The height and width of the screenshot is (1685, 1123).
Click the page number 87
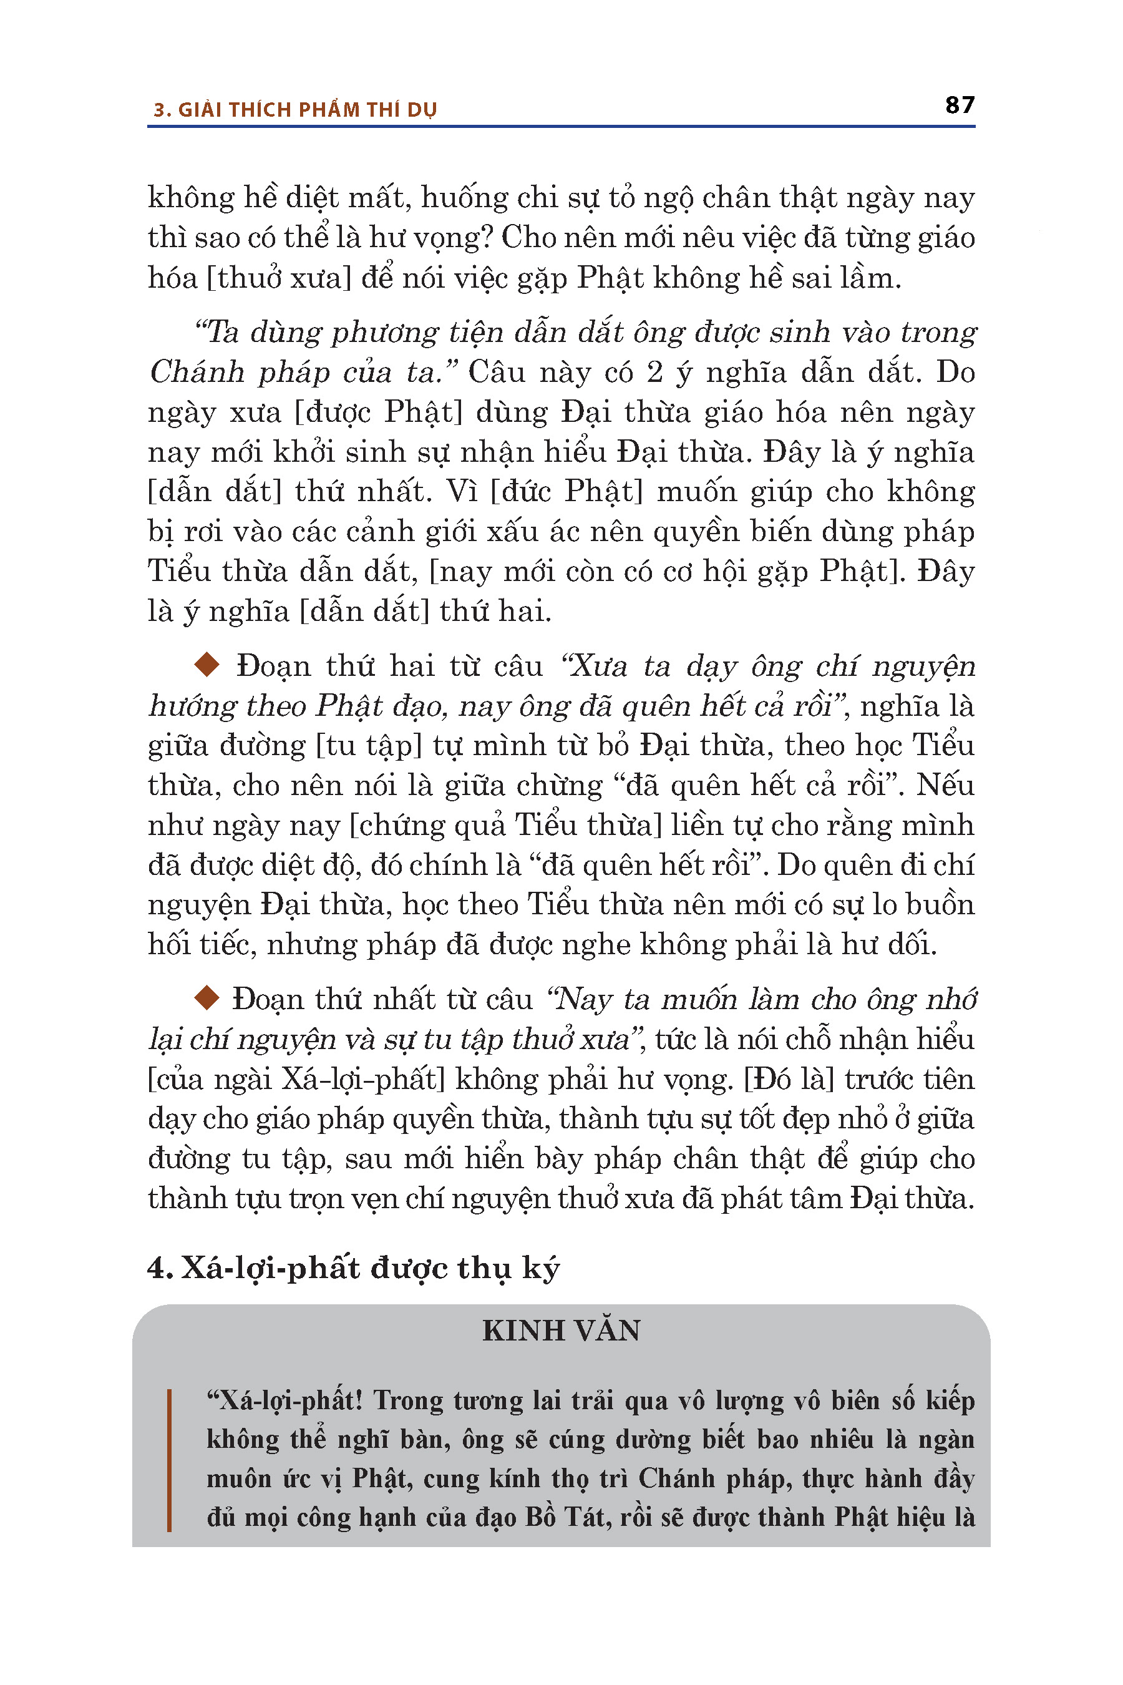[959, 105]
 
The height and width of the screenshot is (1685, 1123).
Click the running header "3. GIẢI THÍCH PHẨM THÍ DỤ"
[294, 110]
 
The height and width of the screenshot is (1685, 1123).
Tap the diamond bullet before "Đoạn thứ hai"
[207, 664]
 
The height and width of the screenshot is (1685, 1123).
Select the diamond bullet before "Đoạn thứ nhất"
[207, 997]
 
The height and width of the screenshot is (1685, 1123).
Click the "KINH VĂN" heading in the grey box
[561, 1331]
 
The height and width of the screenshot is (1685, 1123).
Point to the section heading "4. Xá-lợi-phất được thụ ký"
[352, 1269]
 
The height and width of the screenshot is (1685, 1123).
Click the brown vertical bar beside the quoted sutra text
[169, 1461]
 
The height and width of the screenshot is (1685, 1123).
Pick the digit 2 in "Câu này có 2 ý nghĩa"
[654, 373]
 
